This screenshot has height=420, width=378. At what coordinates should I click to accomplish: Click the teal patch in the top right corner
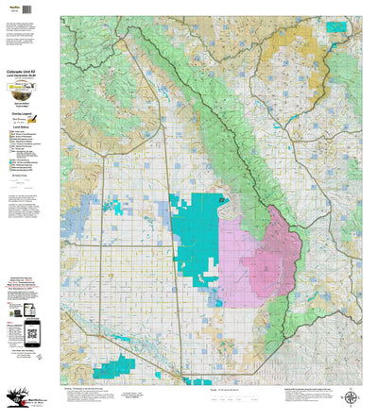(335, 26)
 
